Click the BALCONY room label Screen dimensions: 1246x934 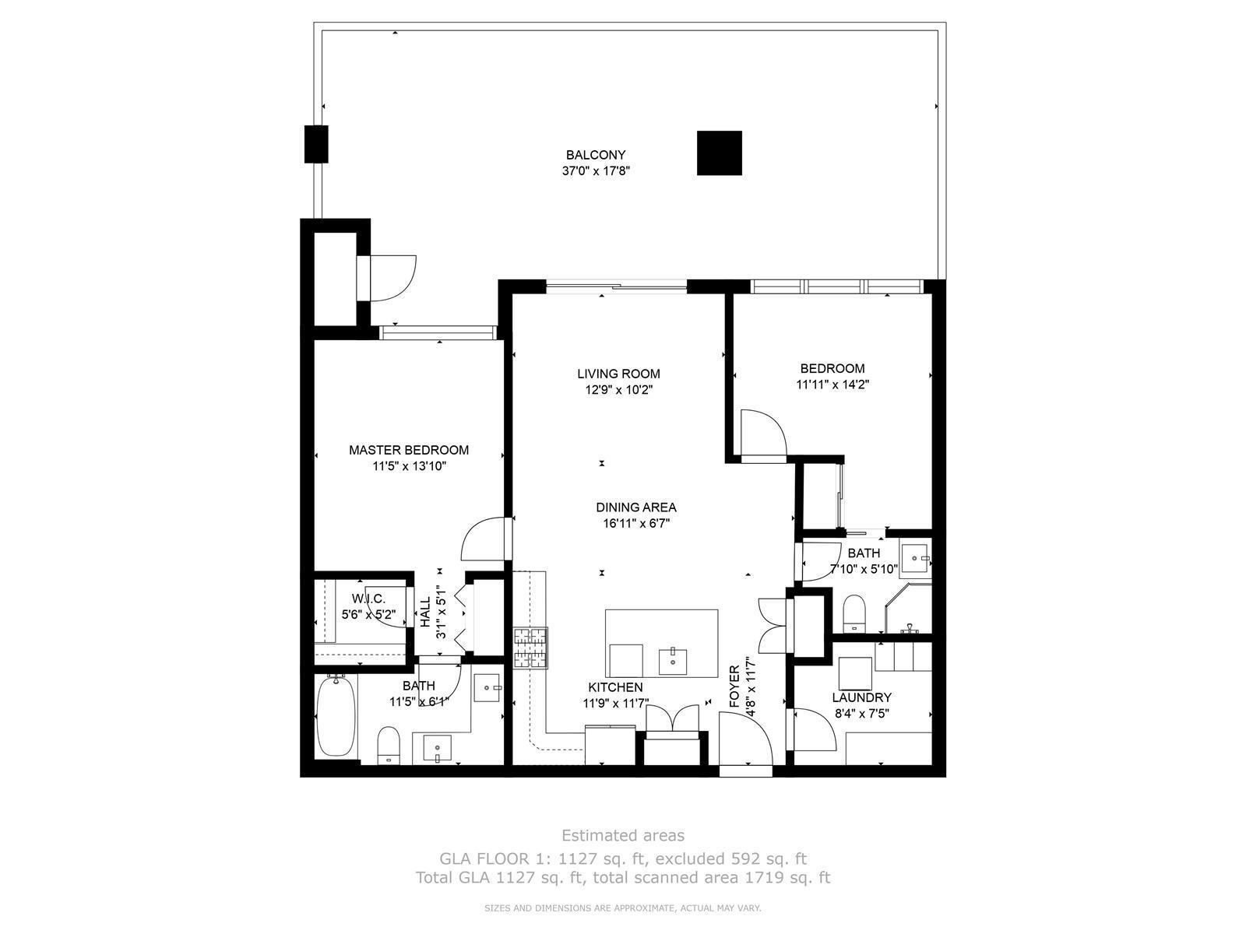pos(596,155)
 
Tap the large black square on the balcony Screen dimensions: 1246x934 pos(720,153)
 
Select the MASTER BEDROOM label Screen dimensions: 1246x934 pos(409,451)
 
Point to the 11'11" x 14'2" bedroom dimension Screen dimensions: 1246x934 pos(832,384)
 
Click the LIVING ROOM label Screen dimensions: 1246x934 pos(619,374)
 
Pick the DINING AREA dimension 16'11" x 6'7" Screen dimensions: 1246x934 pos(636,523)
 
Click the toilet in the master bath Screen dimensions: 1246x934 pos(389,745)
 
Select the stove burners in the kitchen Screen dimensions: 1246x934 pos(531,648)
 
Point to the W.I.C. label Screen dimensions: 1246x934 pos(368,599)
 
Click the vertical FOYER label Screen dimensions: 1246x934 pos(734,686)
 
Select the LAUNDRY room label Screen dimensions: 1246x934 pos(862,697)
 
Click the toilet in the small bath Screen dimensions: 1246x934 pos(854,613)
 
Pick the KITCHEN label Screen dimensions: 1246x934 pos(615,687)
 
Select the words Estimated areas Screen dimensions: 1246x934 pos(623,835)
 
